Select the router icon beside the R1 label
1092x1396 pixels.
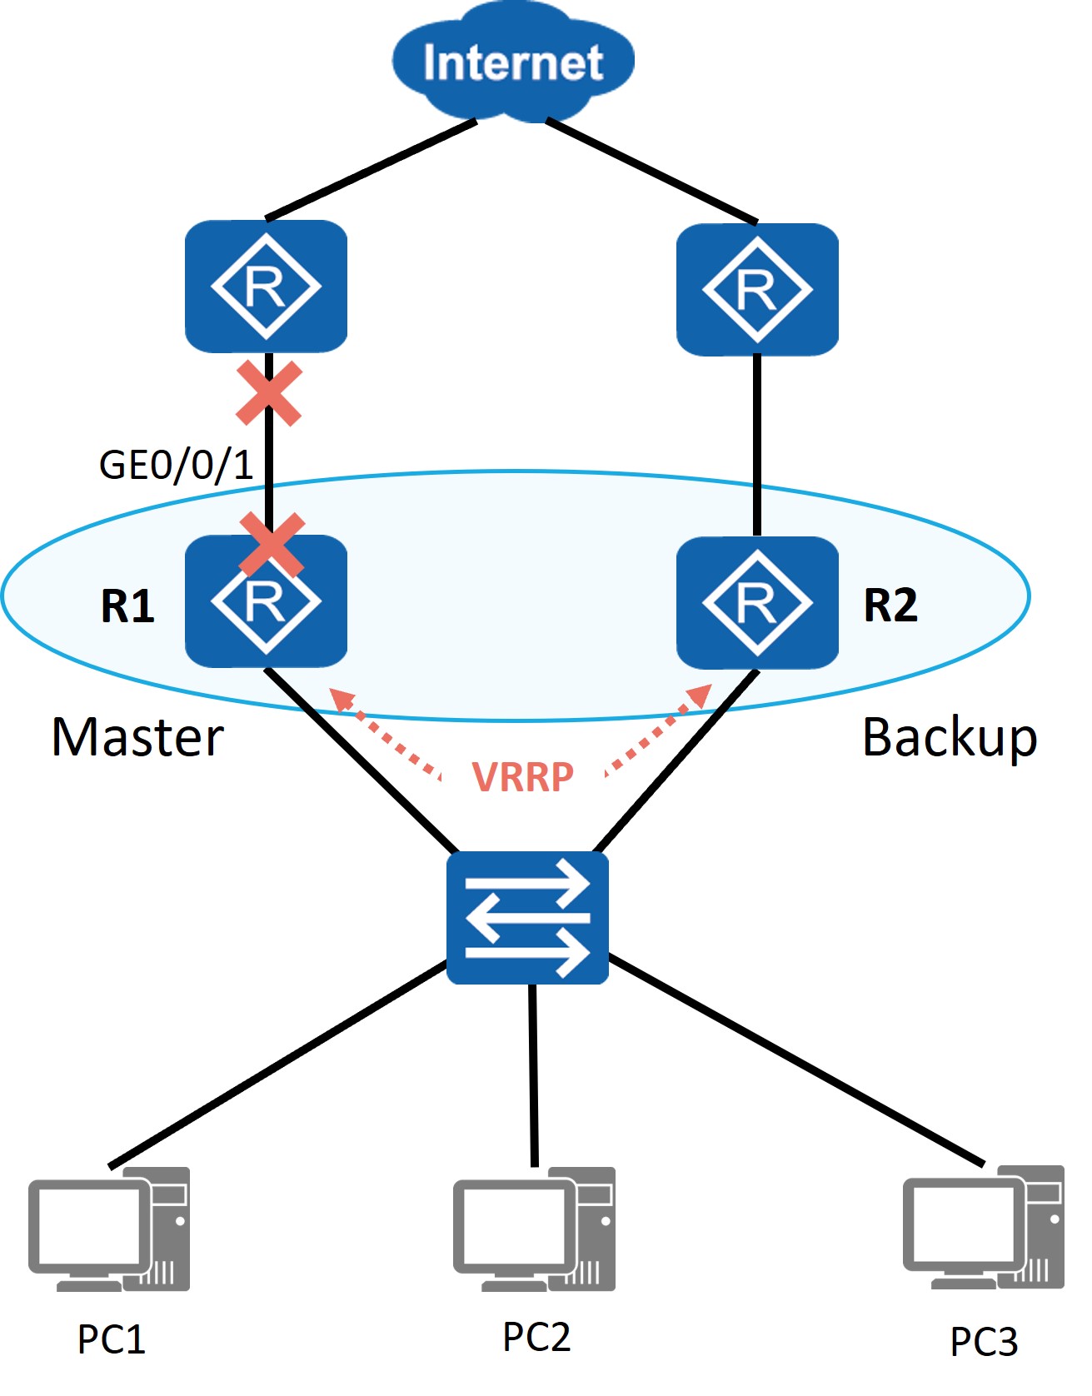[266, 601]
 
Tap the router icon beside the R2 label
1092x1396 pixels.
[757, 602]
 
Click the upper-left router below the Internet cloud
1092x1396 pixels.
[266, 287]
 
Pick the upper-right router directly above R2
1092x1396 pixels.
[757, 290]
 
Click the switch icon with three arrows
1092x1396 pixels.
[527, 917]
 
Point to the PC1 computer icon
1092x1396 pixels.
[109, 1229]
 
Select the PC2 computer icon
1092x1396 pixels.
[534, 1229]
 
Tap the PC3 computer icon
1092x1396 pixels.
[984, 1228]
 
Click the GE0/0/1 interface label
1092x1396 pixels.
[176, 465]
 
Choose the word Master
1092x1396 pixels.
[137, 737]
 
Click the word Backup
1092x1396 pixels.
[950, 739]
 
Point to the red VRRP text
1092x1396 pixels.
[523, 776]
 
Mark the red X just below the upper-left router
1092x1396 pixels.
[269, 394]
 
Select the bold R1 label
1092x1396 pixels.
[127, 606]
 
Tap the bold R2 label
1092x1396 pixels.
[890, 606]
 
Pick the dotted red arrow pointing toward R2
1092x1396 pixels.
[659, 730]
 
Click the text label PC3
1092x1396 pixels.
[984, 1342]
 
